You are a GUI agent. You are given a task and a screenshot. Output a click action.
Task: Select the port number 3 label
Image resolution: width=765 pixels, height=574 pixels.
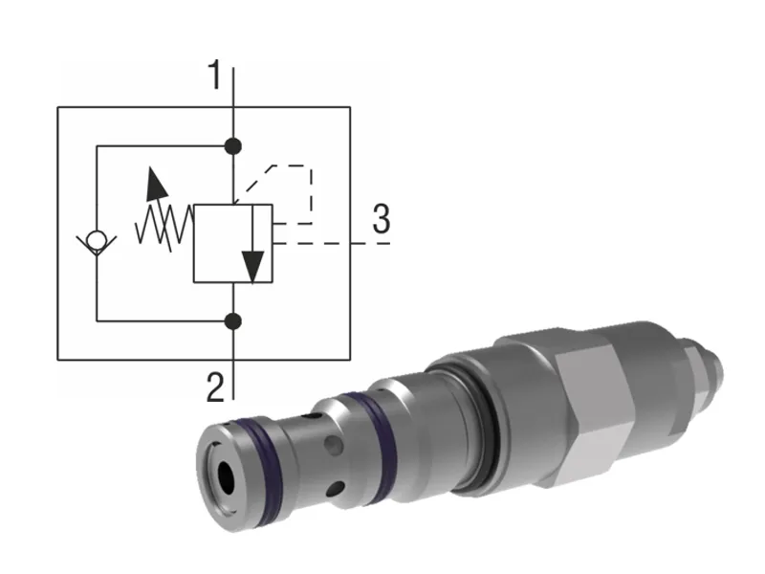pos(381,220)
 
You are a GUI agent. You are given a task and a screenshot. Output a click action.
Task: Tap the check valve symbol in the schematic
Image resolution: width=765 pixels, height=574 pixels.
pos(96,240)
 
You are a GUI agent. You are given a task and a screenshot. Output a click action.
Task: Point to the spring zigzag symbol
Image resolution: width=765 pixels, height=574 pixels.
pos(164,228)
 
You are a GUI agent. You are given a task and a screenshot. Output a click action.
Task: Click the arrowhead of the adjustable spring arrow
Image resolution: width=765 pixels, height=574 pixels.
pos(152,181)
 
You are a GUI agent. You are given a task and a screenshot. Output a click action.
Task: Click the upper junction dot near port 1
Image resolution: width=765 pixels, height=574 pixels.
pos(233,146)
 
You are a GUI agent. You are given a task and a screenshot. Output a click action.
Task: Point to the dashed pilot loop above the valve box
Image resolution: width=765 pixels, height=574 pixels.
pos(287,172)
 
